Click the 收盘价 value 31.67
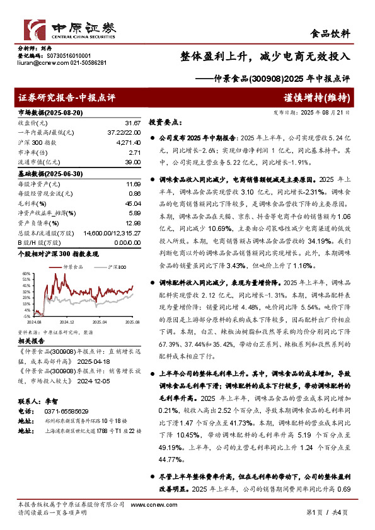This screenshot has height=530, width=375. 132,123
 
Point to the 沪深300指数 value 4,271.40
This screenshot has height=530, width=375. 127,144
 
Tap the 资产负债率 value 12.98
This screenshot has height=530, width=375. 132,223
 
